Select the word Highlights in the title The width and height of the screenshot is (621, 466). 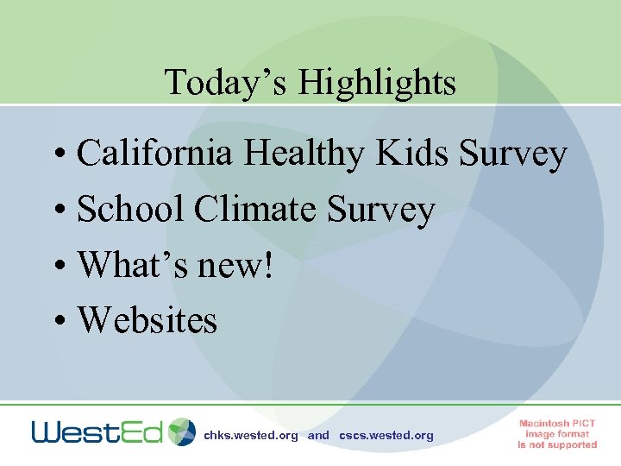[x=377, y=84]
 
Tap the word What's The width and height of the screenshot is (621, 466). [x=130, y=265]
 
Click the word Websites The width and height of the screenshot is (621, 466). [x=147, y=320]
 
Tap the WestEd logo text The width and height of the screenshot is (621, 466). [x=97, y=431]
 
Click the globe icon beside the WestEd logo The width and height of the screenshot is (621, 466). [x=182, y=431]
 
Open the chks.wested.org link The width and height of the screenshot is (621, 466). [x=250, y=436]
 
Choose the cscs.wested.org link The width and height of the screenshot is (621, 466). [x=386, y=436]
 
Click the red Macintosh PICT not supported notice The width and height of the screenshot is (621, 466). [x=557, y=434]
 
